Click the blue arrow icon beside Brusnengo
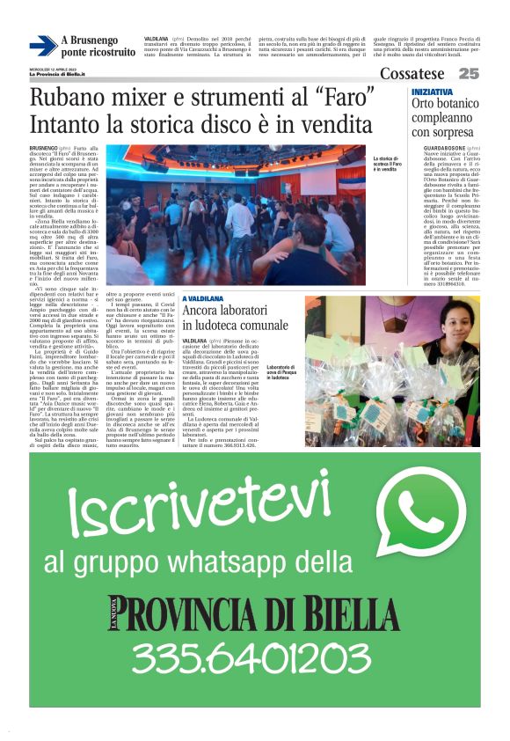(x=42, y=46)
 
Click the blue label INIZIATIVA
(x=433, y=92)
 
